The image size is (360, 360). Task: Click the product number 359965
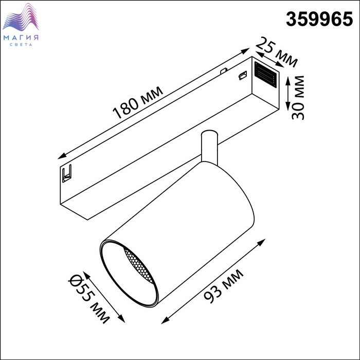coord(319,19)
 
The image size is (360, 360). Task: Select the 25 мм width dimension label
coord(277,52)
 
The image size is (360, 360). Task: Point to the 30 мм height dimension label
coord(298,97)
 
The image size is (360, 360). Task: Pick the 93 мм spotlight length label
coord(224,286)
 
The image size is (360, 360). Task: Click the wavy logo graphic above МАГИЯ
coord(21,17)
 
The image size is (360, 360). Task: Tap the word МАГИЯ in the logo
coord(21,38)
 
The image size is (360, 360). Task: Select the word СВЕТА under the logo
coord(21,45)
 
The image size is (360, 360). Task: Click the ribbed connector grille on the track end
coord(265,75)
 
